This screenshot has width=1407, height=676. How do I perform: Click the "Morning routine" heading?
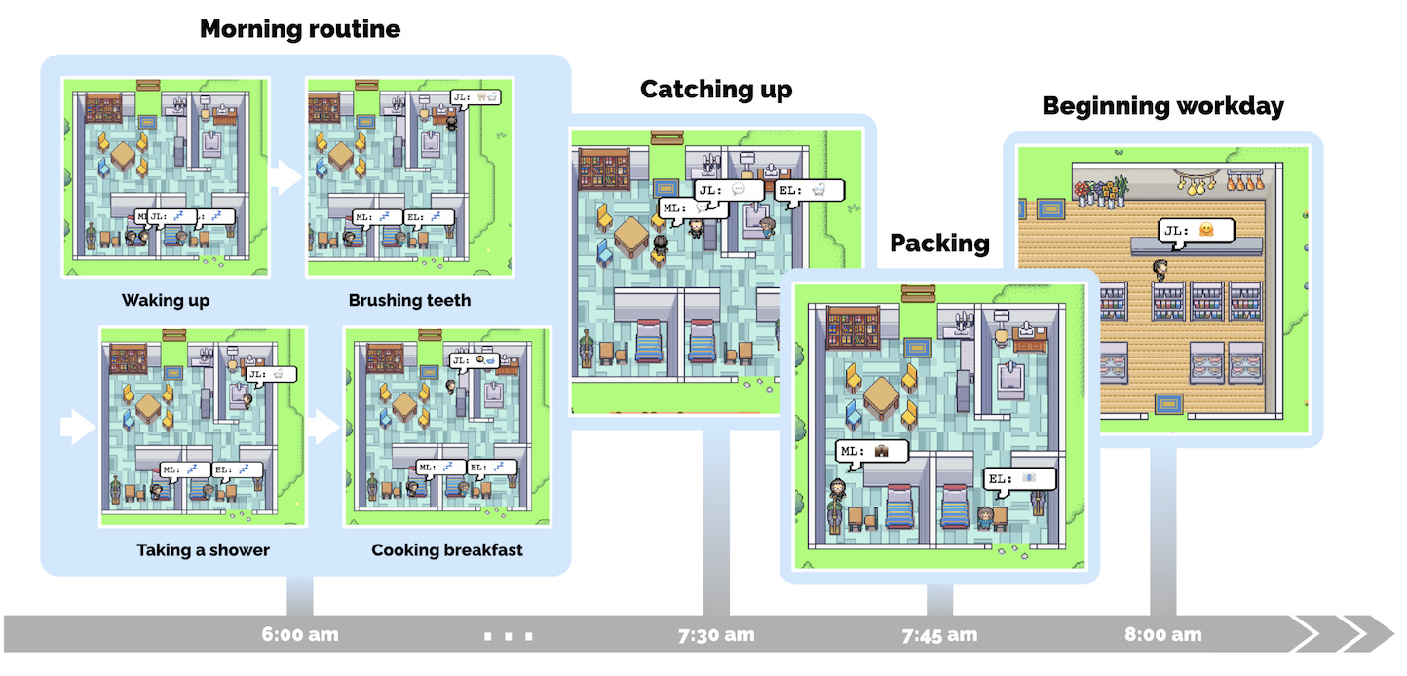pos(300,29)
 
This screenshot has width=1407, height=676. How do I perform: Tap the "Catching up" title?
pos(716,90)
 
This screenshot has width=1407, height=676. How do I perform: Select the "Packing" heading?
pos(939,243)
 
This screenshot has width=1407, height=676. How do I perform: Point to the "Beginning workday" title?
pos(1163,106)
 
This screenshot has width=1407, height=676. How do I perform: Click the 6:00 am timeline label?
pos(300,635)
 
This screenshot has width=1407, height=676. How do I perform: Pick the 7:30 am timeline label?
pos(716,635)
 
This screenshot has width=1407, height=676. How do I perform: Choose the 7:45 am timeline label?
pos(939,635)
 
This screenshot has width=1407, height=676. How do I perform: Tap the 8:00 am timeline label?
pos(1163,635)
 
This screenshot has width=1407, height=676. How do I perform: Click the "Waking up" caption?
pos(166,300)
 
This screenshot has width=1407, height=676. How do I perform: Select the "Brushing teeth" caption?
pos(409,300)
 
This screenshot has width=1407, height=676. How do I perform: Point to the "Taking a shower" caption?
pos(203,550)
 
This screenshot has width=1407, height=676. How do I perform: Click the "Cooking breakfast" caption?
pos(447,550)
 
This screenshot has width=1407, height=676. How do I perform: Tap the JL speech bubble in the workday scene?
pos(1196,231)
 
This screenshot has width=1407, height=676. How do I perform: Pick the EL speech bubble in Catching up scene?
pos(810,191)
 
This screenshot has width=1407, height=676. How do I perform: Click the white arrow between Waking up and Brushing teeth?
pos(285,177)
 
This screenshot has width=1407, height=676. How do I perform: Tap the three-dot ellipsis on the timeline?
pos(509,637)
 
